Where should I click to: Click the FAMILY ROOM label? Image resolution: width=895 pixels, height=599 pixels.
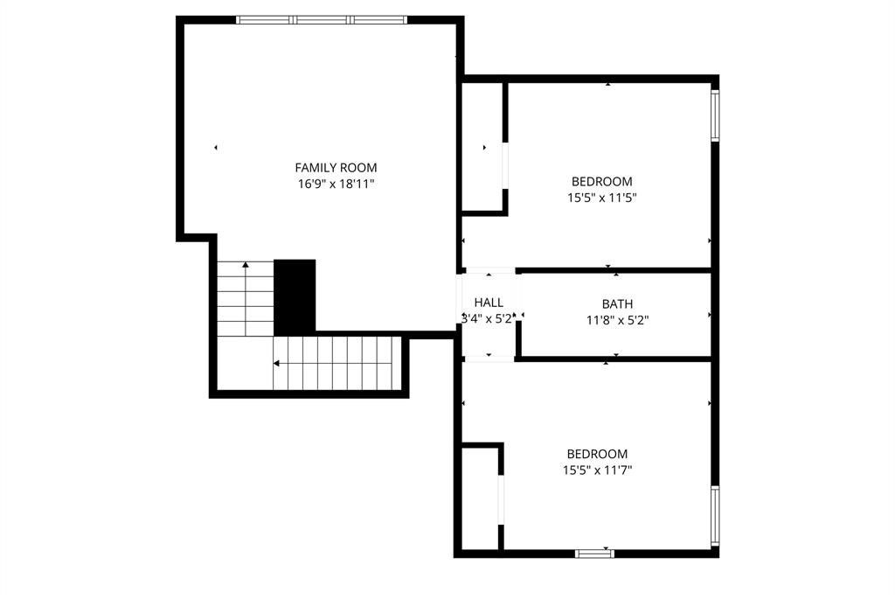pyautogui.click(x=336, y=168)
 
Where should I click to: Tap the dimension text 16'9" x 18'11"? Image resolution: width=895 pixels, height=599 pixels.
pyautogui.click(x=336, y=184)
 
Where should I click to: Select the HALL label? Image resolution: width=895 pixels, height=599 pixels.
pyautogui.click(x=489, y=303)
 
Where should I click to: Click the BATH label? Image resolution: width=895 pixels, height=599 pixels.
pyautogui.click(x=618, y=304)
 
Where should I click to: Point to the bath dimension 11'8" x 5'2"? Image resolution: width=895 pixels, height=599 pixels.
pyautogui.click(x=618, y=320)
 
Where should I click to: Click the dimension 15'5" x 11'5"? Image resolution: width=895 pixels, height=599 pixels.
pyautogui.click(x=602, y=199)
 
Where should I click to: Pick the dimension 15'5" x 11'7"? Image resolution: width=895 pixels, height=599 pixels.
pyautogui.click(x=598, y=470)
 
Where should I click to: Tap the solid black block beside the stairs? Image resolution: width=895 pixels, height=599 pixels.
pyautogui.click(x=295, y=297)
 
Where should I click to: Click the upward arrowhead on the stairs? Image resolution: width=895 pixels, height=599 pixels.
pyautogui.click(x=246, y=264)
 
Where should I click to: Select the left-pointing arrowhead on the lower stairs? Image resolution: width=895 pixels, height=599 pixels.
pyautogui.click(x=276, y=363)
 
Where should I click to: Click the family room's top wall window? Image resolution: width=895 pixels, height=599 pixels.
pyautogui.click(x=322, y=20)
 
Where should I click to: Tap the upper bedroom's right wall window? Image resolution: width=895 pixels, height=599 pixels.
pyautogui.click(x=715, y=115)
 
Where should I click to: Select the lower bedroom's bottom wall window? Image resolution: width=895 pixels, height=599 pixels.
pyautogui.click(x=594, y=554)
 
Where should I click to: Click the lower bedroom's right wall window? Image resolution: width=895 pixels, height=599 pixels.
pyautogui.click(x=715, y=514)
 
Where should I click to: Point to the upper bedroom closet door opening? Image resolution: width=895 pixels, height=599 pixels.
pyautogui.click(x=505, y=165)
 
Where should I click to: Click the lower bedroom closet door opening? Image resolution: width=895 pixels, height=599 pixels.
pyautogui.click(x=501, y=499)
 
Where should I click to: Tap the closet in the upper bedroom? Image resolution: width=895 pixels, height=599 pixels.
pyautogui.click(x=482, y=147)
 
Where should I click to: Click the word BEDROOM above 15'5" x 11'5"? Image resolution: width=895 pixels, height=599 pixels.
pyautogui.click(x=602, y=182)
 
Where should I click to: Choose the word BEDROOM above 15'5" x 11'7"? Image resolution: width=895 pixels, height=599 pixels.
pyautogui.click(x=598, y=454)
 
